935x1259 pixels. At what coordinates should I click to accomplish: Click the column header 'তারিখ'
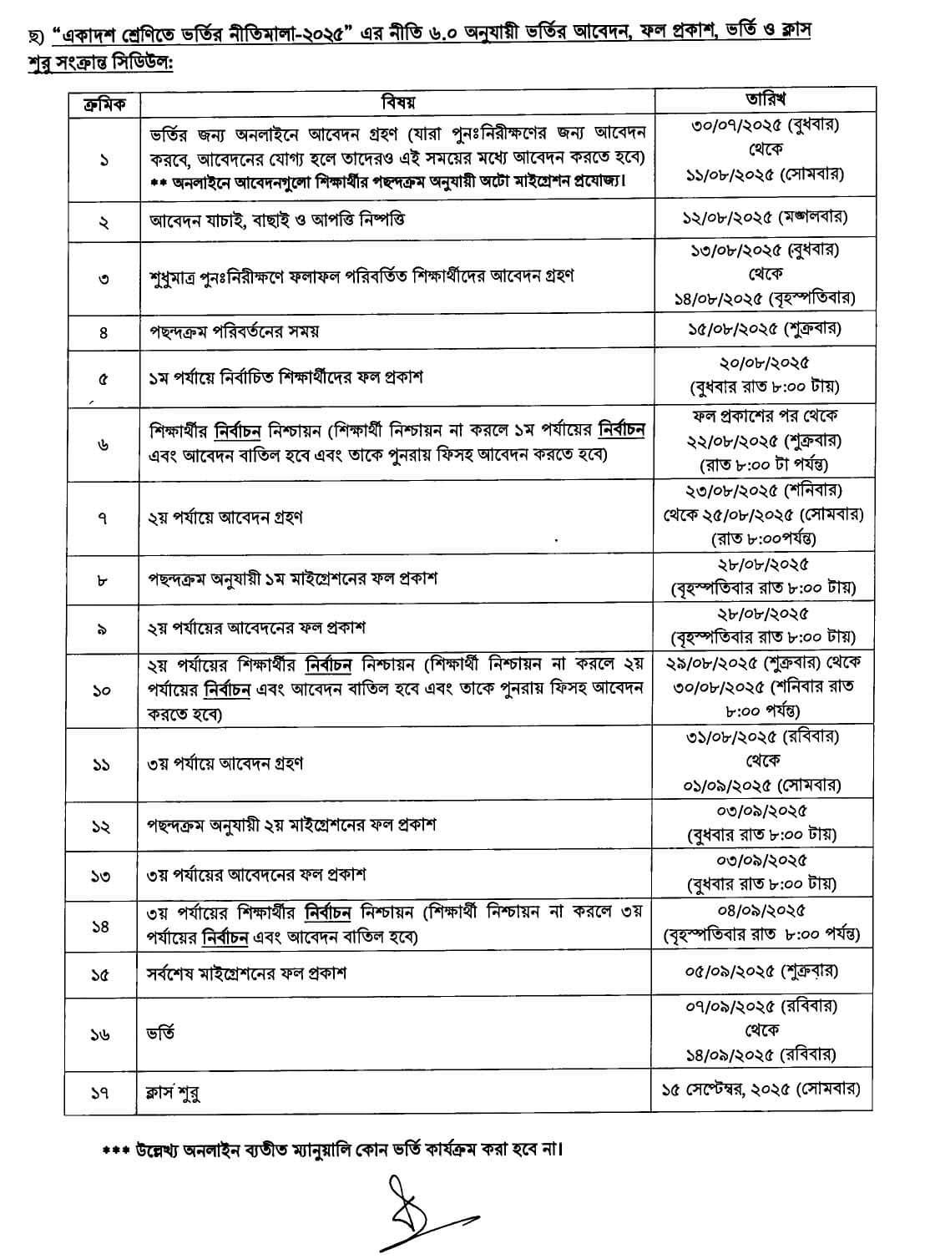tap(761, 99)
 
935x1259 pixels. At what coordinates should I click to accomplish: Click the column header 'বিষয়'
tap(397, 102)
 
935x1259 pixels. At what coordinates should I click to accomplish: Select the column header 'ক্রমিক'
tap(102, 102)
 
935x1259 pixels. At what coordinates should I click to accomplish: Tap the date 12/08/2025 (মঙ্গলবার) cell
tap(762, 218)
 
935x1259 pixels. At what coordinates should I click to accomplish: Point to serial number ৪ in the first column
tap(103, 331)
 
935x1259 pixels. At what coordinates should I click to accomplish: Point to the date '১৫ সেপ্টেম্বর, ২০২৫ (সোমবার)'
tap(761, 1090)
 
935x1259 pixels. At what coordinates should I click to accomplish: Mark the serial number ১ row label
tap(103, 159)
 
